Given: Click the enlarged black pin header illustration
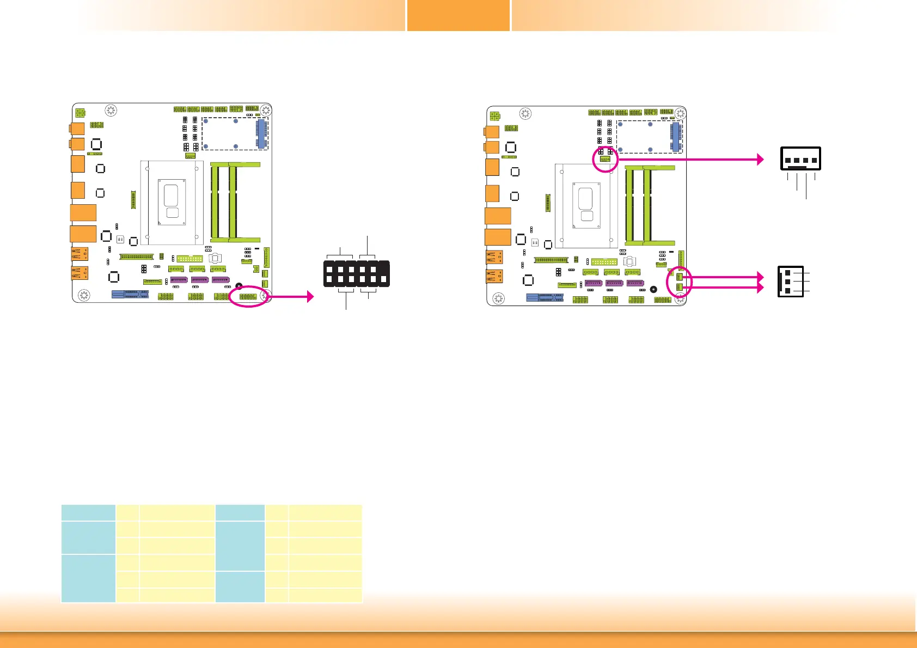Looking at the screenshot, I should pyautogui.click(x=356, y=274).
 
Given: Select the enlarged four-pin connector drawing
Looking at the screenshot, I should pyautogui.click(x=800, y=158).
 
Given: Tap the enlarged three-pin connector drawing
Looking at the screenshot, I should pyautogui.click(x=790, y=281).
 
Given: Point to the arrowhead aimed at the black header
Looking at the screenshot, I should pyautogui.click(x=310, y=296).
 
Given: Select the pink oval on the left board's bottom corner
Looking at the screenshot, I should pyautogui.click(x=249, y=296).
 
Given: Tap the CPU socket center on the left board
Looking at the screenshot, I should pyautogui.click(x=172, y=202).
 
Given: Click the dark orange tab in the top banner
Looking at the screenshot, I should pyautogui.click(x=458, y=15).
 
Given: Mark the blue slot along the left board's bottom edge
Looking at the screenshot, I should pyautogui.click(x=130, y=294).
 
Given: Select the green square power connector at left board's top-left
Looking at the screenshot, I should pyautogui.click(x=80, y=113).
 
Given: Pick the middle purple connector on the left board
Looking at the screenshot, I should pyautogui.click(x=199, y=280).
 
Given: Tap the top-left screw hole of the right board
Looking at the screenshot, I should pyautogui.click(x=525, y=114).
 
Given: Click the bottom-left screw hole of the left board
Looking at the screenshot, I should pyautogui.click(x=84, y=295).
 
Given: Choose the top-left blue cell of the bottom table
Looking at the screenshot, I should pyautogui.click(x=88, y=512).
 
